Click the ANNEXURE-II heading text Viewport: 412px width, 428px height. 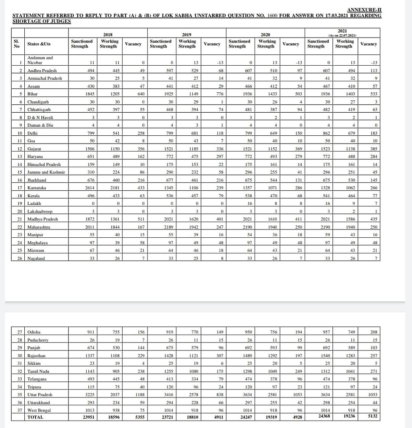pyautogui.click(x=364, y=9)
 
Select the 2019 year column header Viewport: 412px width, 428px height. pyautogui.click(x=187, y=35)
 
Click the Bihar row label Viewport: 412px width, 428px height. pyautogui.click(x=32, y=94)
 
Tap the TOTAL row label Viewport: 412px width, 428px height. pyautogui.click(x=35, y=417)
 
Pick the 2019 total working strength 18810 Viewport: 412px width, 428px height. pyautogui.click(x=191, y=417)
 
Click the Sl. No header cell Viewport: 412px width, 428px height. pyautogui.click(x=17, y=44)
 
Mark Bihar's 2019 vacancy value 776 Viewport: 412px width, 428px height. pyautogui.click(x=219, y=94)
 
